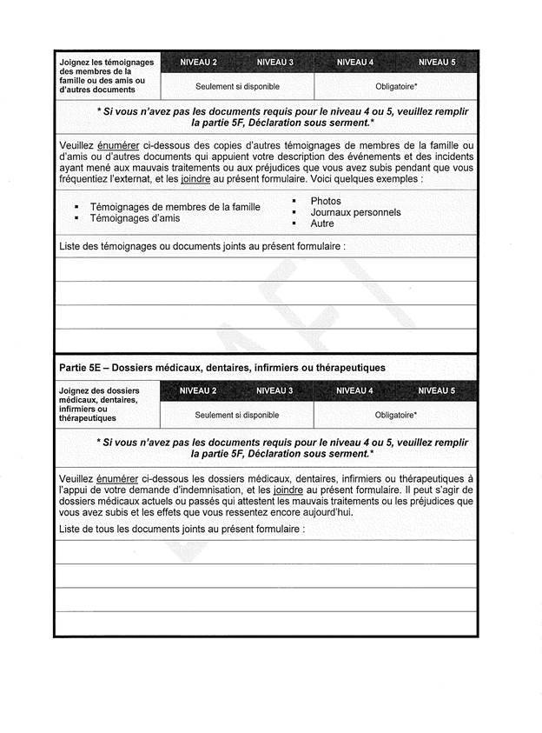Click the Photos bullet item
326,201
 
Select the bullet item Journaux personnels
355,212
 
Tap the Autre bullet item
322,223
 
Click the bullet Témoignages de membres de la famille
175,207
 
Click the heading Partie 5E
221,367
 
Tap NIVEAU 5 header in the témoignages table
436,63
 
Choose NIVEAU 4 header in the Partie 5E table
354,390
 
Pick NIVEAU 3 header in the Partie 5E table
274,390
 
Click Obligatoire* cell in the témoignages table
396,87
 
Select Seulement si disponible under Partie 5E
237,415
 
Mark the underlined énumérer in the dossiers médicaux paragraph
117,478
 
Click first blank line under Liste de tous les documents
266,552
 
